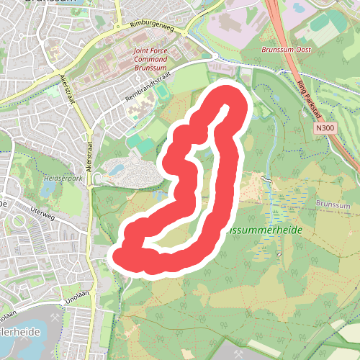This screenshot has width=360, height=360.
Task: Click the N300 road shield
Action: [x=325, y=127]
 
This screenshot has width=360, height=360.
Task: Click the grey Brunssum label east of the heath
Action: [x=333, y=204]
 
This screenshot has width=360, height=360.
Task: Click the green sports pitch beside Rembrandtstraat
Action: [x=163, y=93]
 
